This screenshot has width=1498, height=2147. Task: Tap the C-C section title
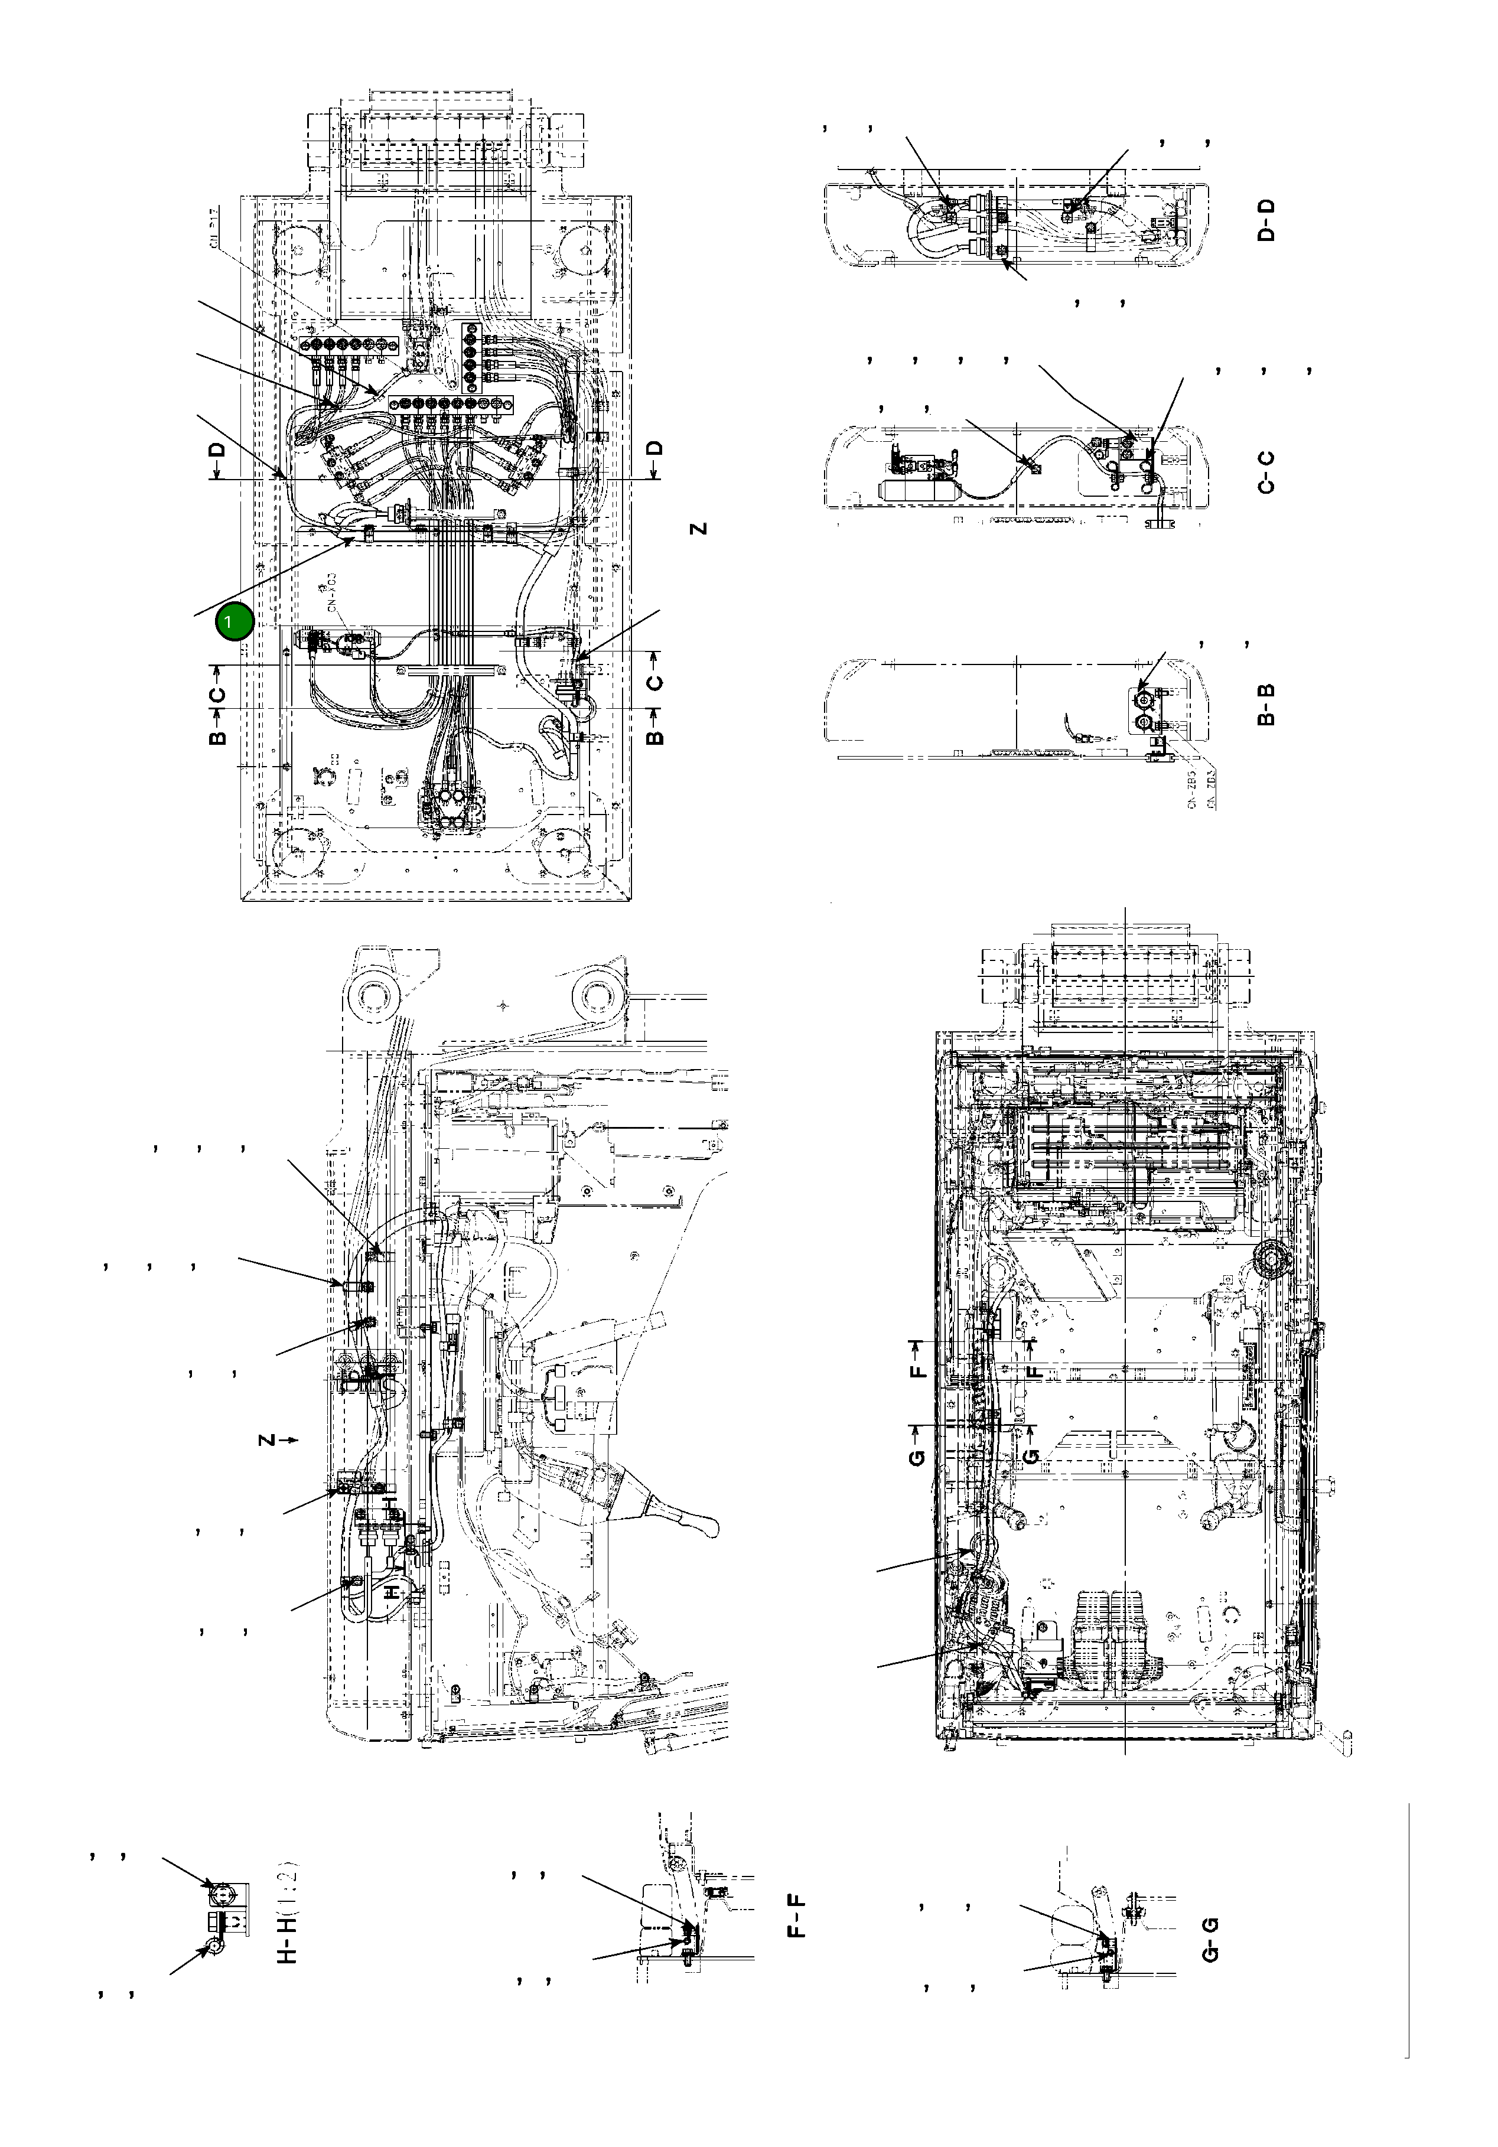click(x=1266, y=471)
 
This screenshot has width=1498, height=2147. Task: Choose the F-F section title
click(x=797, y=1915)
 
